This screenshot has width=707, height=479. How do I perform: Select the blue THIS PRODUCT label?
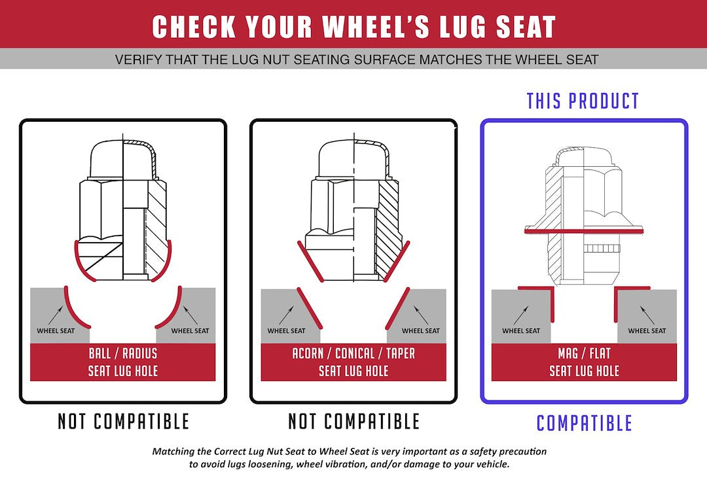[x=583, y=101]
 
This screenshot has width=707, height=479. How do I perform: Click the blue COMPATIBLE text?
[x=584, y=423]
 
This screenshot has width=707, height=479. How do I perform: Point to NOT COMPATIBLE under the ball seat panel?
[x=123, y=421]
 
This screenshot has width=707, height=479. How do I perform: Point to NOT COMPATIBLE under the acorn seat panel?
[x=353, y=421]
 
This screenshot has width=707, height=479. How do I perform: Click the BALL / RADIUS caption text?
[x=123, y=353]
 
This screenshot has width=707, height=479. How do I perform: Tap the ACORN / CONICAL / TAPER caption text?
[x=353, y=353]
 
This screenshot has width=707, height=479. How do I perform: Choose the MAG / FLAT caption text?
[x=584, y=353]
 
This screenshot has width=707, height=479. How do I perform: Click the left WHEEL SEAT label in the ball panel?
[x=56, y=330]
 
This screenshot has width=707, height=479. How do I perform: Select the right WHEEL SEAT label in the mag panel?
[x=647, y=330]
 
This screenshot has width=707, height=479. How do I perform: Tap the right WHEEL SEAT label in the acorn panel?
[x=421, y=330]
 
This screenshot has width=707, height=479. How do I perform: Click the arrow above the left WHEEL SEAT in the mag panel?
[x=521, y=315]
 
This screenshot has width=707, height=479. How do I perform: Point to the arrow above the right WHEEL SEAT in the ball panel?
[x=190, y=315]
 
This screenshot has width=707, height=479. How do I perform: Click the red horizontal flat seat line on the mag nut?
[x=584, y=232]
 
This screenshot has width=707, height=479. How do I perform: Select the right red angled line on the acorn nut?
[x=397, y=261]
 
